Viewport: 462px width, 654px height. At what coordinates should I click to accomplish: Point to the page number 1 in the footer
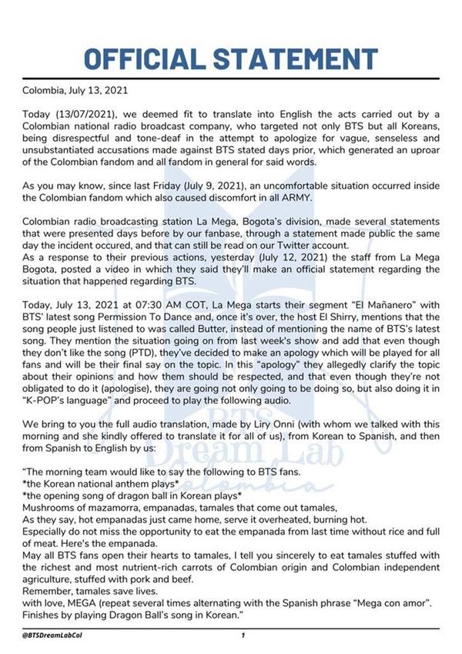tap(243, 636)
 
